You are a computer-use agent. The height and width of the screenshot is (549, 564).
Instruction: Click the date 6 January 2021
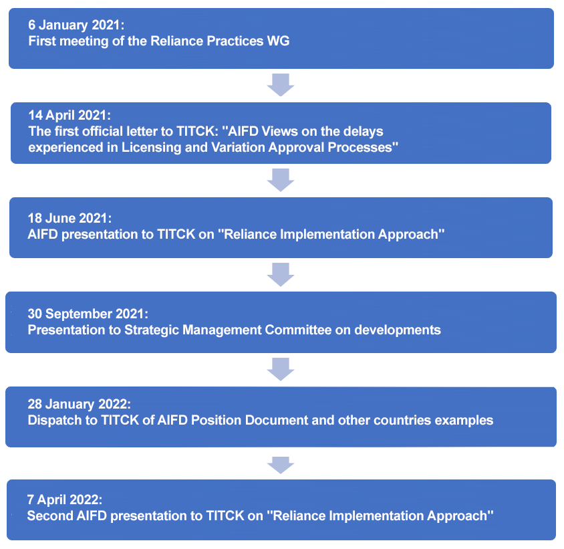tap(76, 25)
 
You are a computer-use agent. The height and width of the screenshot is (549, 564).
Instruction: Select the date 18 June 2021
tap(66, 219)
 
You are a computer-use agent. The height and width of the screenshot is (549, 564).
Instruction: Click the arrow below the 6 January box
tap(281, 85)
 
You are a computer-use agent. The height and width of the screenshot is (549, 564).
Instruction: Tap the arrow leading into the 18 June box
tap(281, 180)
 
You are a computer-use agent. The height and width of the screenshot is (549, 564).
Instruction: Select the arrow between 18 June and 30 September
tap(281, 274)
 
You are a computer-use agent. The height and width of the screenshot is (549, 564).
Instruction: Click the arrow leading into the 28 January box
tap(281, 369)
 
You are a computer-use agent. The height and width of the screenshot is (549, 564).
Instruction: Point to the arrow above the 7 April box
tap(281, 463)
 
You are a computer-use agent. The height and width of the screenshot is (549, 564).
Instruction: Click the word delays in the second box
tap(363, 131)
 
